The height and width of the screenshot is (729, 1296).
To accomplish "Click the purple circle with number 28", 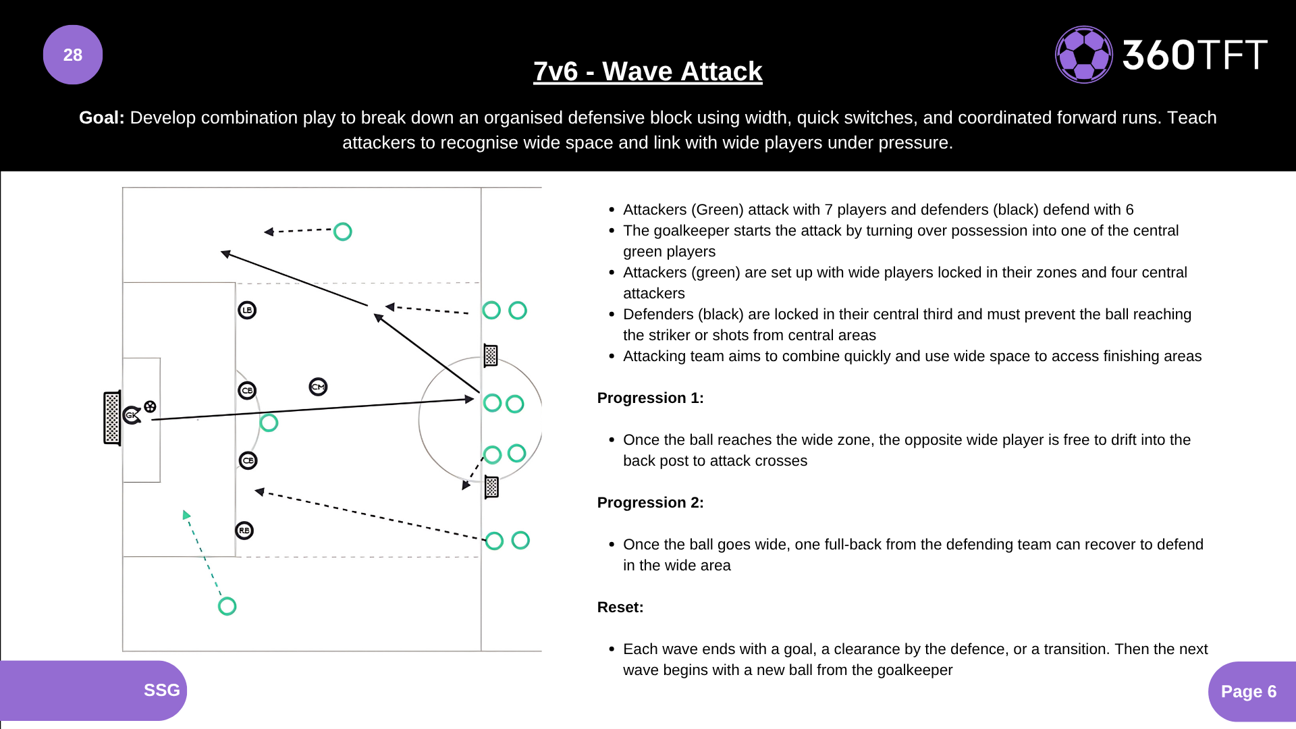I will click(73, 55).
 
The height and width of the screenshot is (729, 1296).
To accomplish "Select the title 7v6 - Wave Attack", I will click(647, 71).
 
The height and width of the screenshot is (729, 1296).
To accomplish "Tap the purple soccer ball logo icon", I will click(1083, 55).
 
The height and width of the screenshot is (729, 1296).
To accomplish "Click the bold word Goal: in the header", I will click(101, 117).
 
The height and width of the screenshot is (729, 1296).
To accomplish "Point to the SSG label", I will click(161, 690).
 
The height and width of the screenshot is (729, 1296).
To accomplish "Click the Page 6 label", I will click(1248, 691).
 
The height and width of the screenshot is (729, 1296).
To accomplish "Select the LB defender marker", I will click(247, 310).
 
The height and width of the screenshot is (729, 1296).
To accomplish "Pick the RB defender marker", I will click(244, 531).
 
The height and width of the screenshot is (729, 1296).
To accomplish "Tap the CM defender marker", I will click(318, 387).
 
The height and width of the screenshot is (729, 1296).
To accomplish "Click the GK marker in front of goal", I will click(132, 415).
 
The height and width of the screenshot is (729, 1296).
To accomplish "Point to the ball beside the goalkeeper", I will click(150, 406).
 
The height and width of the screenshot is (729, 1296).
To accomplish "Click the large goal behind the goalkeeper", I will click(112, 418).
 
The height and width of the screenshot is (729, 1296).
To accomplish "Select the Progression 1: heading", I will click(650, 398).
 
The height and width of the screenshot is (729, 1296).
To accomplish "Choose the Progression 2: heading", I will click(650, 503).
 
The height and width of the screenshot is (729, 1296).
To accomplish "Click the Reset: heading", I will click(620, 607).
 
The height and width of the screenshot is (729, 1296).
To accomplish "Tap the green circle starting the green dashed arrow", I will click(227, 606).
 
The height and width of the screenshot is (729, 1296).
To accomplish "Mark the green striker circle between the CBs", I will click(269, 423).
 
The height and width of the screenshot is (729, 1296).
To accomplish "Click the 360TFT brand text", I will click(1194, 55).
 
